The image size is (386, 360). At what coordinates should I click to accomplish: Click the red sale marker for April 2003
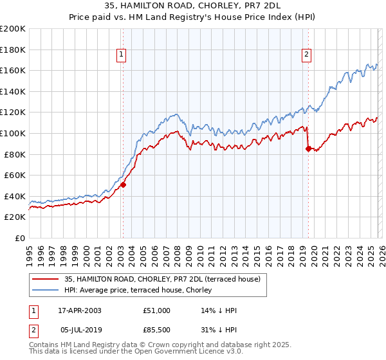pos(123,184)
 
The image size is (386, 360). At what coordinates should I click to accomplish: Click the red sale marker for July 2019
pos(308,148)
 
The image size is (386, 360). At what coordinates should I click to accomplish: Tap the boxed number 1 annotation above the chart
pos(122,55)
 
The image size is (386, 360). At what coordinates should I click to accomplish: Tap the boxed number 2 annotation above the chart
pos(307,55)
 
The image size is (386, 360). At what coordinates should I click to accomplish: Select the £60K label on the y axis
pos(15,175)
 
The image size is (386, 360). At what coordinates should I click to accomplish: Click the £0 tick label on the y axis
pos(19,238)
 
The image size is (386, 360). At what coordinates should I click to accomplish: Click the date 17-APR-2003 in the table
pos(79,310)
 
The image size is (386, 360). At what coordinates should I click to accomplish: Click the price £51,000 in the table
pos(157,310)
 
